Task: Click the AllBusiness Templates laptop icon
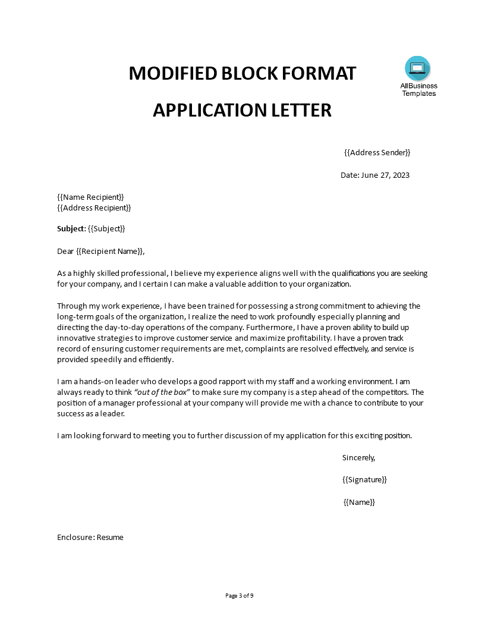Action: click(x=417, y=68)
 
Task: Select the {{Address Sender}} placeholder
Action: click(x=377, y=152)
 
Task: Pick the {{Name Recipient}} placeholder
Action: click(x=90, y=197)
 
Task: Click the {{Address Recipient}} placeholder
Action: click(x=94, y=208)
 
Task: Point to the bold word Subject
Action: click(x=71, y=228)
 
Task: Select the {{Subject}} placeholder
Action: click(x=106, y=228)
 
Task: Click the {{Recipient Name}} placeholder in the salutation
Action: click(x=110, y=251)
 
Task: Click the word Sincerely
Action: click(x=358, y=457)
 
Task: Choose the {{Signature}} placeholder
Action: click(x=364, y=479)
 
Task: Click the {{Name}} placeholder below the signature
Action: click(x=360, y=502)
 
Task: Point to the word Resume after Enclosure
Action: click(x=110, y=537)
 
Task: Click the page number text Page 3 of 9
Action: click(x=242, y=595)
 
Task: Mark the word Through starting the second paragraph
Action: click(x=72, y=306)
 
